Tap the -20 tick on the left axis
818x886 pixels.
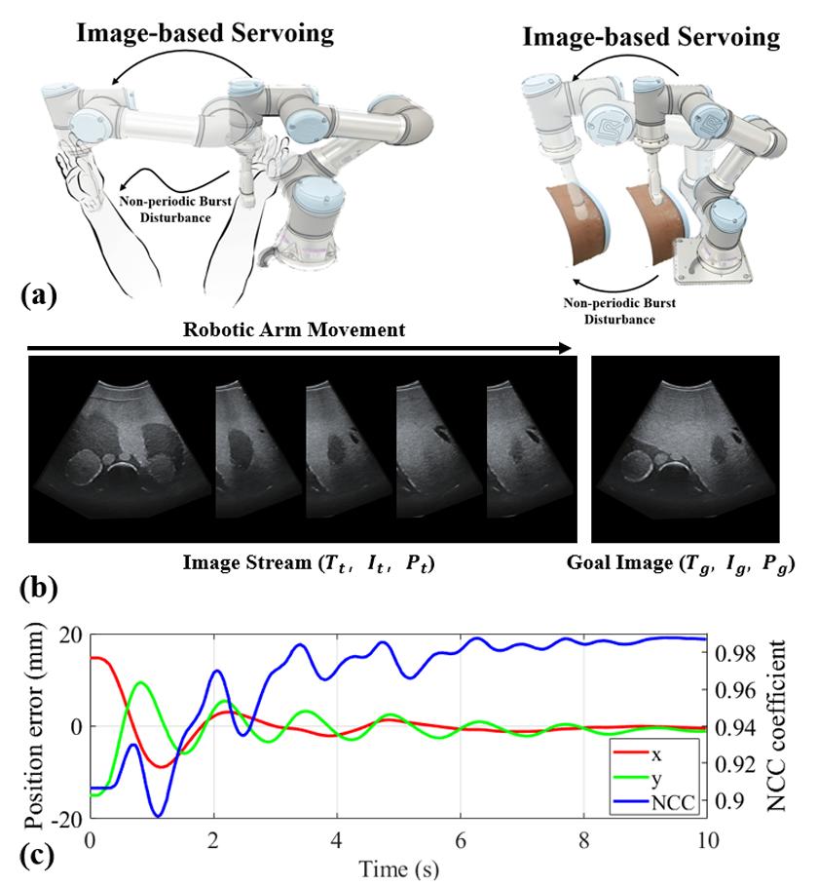click(68, 820)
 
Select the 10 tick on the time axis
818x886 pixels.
click(706, 839)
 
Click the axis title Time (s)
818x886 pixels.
click(398, 865)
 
